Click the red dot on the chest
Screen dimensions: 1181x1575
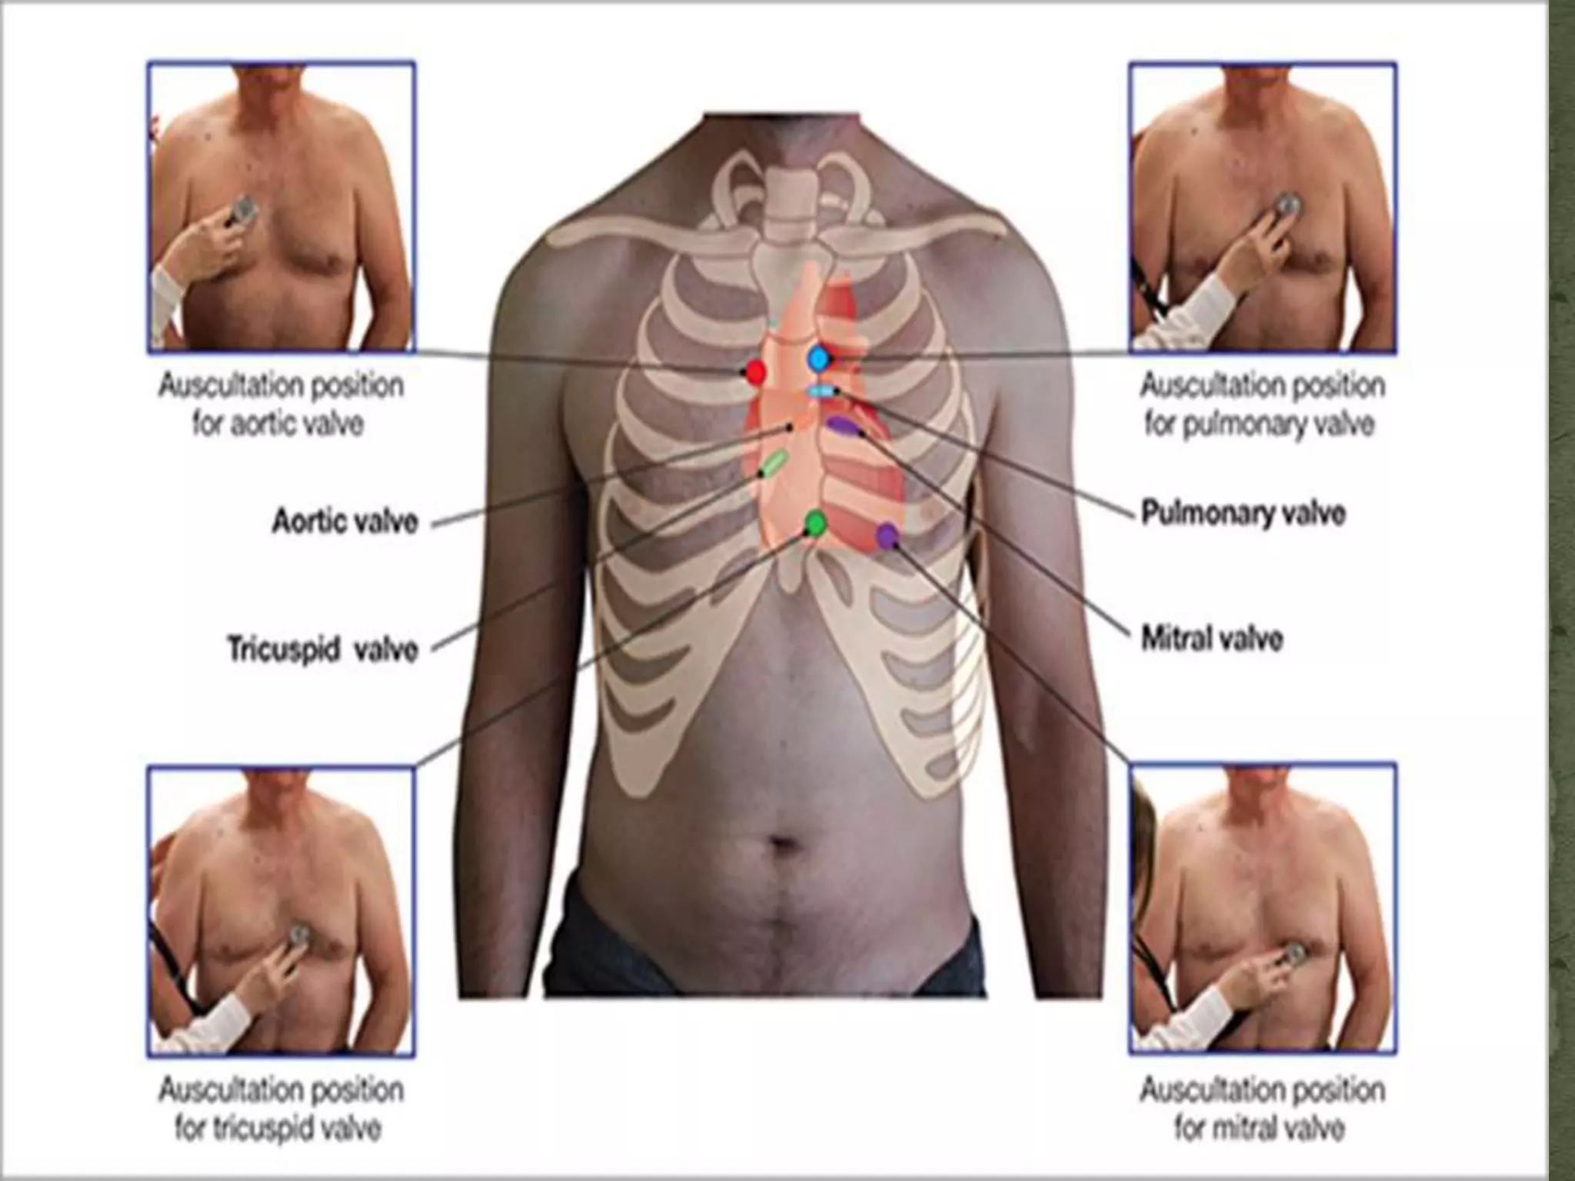tap(756, 373)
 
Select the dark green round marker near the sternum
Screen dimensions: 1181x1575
tap(815, 524)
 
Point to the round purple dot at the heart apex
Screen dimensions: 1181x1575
tap(888, 534)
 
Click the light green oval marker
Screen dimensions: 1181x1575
tap(773, 463)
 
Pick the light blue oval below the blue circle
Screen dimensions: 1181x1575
tap(821, 391)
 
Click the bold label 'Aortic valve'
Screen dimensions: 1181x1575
tap(345, 522)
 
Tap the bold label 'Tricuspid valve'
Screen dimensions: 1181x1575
tap(323, 648)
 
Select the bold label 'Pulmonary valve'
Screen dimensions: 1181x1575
tap(1243, 513)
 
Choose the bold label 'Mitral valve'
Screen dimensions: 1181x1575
tap(1212, 639)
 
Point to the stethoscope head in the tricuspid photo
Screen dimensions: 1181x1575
tap(298, 935)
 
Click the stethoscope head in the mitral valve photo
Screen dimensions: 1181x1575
tap(1294, 954)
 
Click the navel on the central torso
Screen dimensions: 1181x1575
tap(784, 843)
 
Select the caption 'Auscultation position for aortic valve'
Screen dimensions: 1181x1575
tap(281, 404)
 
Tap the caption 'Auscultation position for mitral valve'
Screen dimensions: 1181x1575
tap(1262, 1109)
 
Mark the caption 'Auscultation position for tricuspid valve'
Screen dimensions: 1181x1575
tap(281, 1109)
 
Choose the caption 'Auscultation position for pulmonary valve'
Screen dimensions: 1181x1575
tap(1262, 404)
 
